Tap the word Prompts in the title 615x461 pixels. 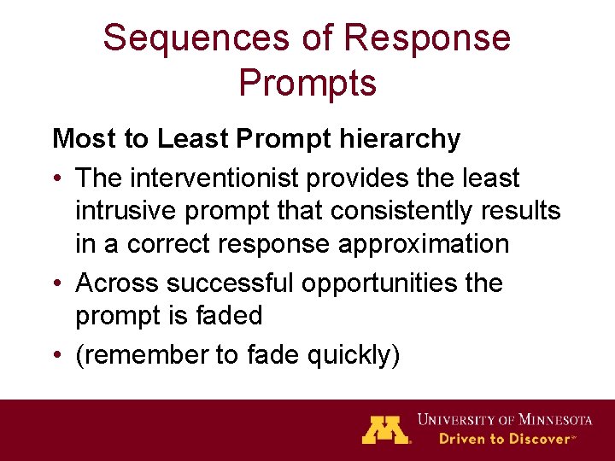click(x=307, y=83)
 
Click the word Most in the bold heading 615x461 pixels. click(x=79, y=138)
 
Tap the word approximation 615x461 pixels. click(x=424, y=243)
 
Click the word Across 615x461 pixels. click(x=118, y=283)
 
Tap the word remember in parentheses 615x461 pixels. click(x=142, y=354)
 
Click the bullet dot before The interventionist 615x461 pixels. click(x=57, y=178)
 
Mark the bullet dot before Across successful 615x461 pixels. click(x=57, y=283)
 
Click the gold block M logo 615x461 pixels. click(x=385, y=429)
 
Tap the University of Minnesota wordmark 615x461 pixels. click(x=505, y=419)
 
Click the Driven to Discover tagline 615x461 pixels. click(x=505, y=439)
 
